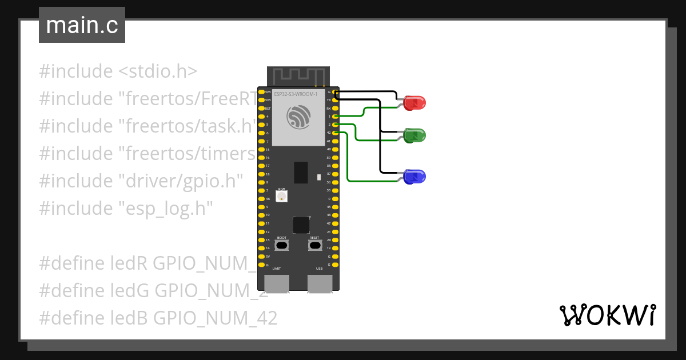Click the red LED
(414, 103)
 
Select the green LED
(414, 136)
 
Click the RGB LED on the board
(282, 196)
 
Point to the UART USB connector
(277, 283)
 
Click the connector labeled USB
(320, 283)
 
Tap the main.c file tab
(82, 25)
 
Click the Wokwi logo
(607, 315)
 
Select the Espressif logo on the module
(298, 117)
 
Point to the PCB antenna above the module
(298, 75)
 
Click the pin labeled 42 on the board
(336, 133)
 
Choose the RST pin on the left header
(261, 108)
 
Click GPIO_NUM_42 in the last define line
(216, 318)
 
